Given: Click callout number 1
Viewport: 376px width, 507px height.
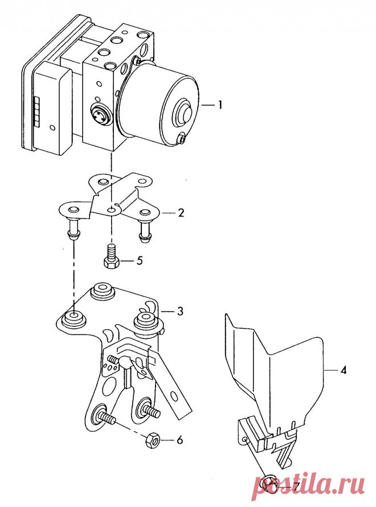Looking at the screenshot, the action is pos(219,105).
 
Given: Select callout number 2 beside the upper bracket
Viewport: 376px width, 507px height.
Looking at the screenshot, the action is pos(181,212).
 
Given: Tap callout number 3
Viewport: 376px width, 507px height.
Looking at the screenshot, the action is pos(180,312).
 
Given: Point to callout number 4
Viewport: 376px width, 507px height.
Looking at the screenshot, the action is pos(343,370).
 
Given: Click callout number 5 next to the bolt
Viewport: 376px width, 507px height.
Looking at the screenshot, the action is pos(140,260).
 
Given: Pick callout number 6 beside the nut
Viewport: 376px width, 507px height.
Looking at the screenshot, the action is pos(179,440).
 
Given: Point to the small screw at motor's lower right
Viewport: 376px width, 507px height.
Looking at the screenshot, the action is pos(182,139).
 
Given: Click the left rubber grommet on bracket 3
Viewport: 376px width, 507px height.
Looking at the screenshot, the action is pos(73,318).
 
